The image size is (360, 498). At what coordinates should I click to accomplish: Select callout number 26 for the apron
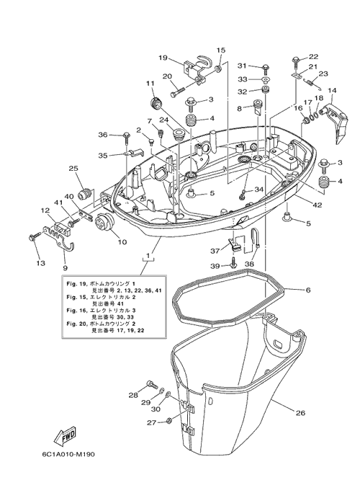tap(300, 413)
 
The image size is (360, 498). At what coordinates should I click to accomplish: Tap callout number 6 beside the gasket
tap(309, 290)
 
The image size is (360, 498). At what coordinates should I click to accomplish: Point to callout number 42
tap(317, 205)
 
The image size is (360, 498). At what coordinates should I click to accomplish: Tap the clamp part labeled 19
tap(196, 68)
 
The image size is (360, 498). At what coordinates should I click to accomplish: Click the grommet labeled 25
tap(86, 193)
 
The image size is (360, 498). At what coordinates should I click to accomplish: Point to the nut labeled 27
tap(169, 422)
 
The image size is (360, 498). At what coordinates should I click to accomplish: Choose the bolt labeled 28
tap(152, 384)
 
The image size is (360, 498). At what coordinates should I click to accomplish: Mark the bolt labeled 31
tap(266, 69)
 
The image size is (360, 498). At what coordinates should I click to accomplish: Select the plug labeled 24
tap(179, 134)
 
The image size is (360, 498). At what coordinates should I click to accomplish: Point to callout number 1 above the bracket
tap(148, 255)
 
